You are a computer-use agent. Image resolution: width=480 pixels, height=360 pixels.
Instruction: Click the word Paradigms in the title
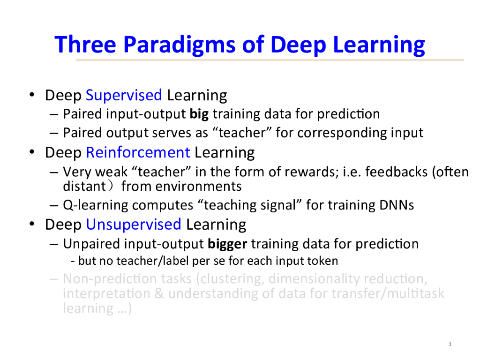[x=179, y=45]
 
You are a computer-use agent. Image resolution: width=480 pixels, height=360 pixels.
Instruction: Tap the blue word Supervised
[x=124, y=96]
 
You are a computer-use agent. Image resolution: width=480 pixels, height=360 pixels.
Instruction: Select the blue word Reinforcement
[x=138, y=152]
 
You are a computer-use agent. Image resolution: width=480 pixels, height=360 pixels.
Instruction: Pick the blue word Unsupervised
[x=134, y=225]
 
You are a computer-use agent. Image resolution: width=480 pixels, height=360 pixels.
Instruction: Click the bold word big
[x=199, y=114]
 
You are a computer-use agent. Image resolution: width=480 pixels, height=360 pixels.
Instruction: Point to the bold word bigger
[x=227, y=244]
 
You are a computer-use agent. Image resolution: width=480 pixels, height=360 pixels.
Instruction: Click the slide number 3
[x=450, y=344]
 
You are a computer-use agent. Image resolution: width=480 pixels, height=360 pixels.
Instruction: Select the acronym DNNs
[x=397, y=205]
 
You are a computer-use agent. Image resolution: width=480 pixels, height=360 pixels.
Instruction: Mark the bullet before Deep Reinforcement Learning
[x=32, y=152]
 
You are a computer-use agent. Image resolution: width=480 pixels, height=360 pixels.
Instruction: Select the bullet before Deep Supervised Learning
[x=32, y=95]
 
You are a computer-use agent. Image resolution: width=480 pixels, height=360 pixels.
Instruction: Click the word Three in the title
[x=85, y=45]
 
